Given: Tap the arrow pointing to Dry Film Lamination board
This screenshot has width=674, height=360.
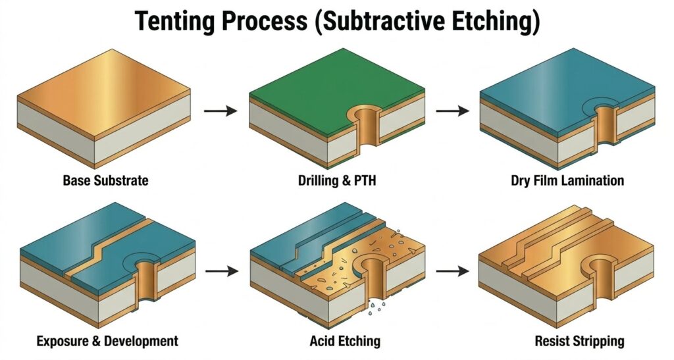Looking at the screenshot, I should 453,111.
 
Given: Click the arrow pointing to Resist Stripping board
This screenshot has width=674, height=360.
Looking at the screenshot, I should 453,270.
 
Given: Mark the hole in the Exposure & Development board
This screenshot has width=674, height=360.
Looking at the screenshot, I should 141,276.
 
